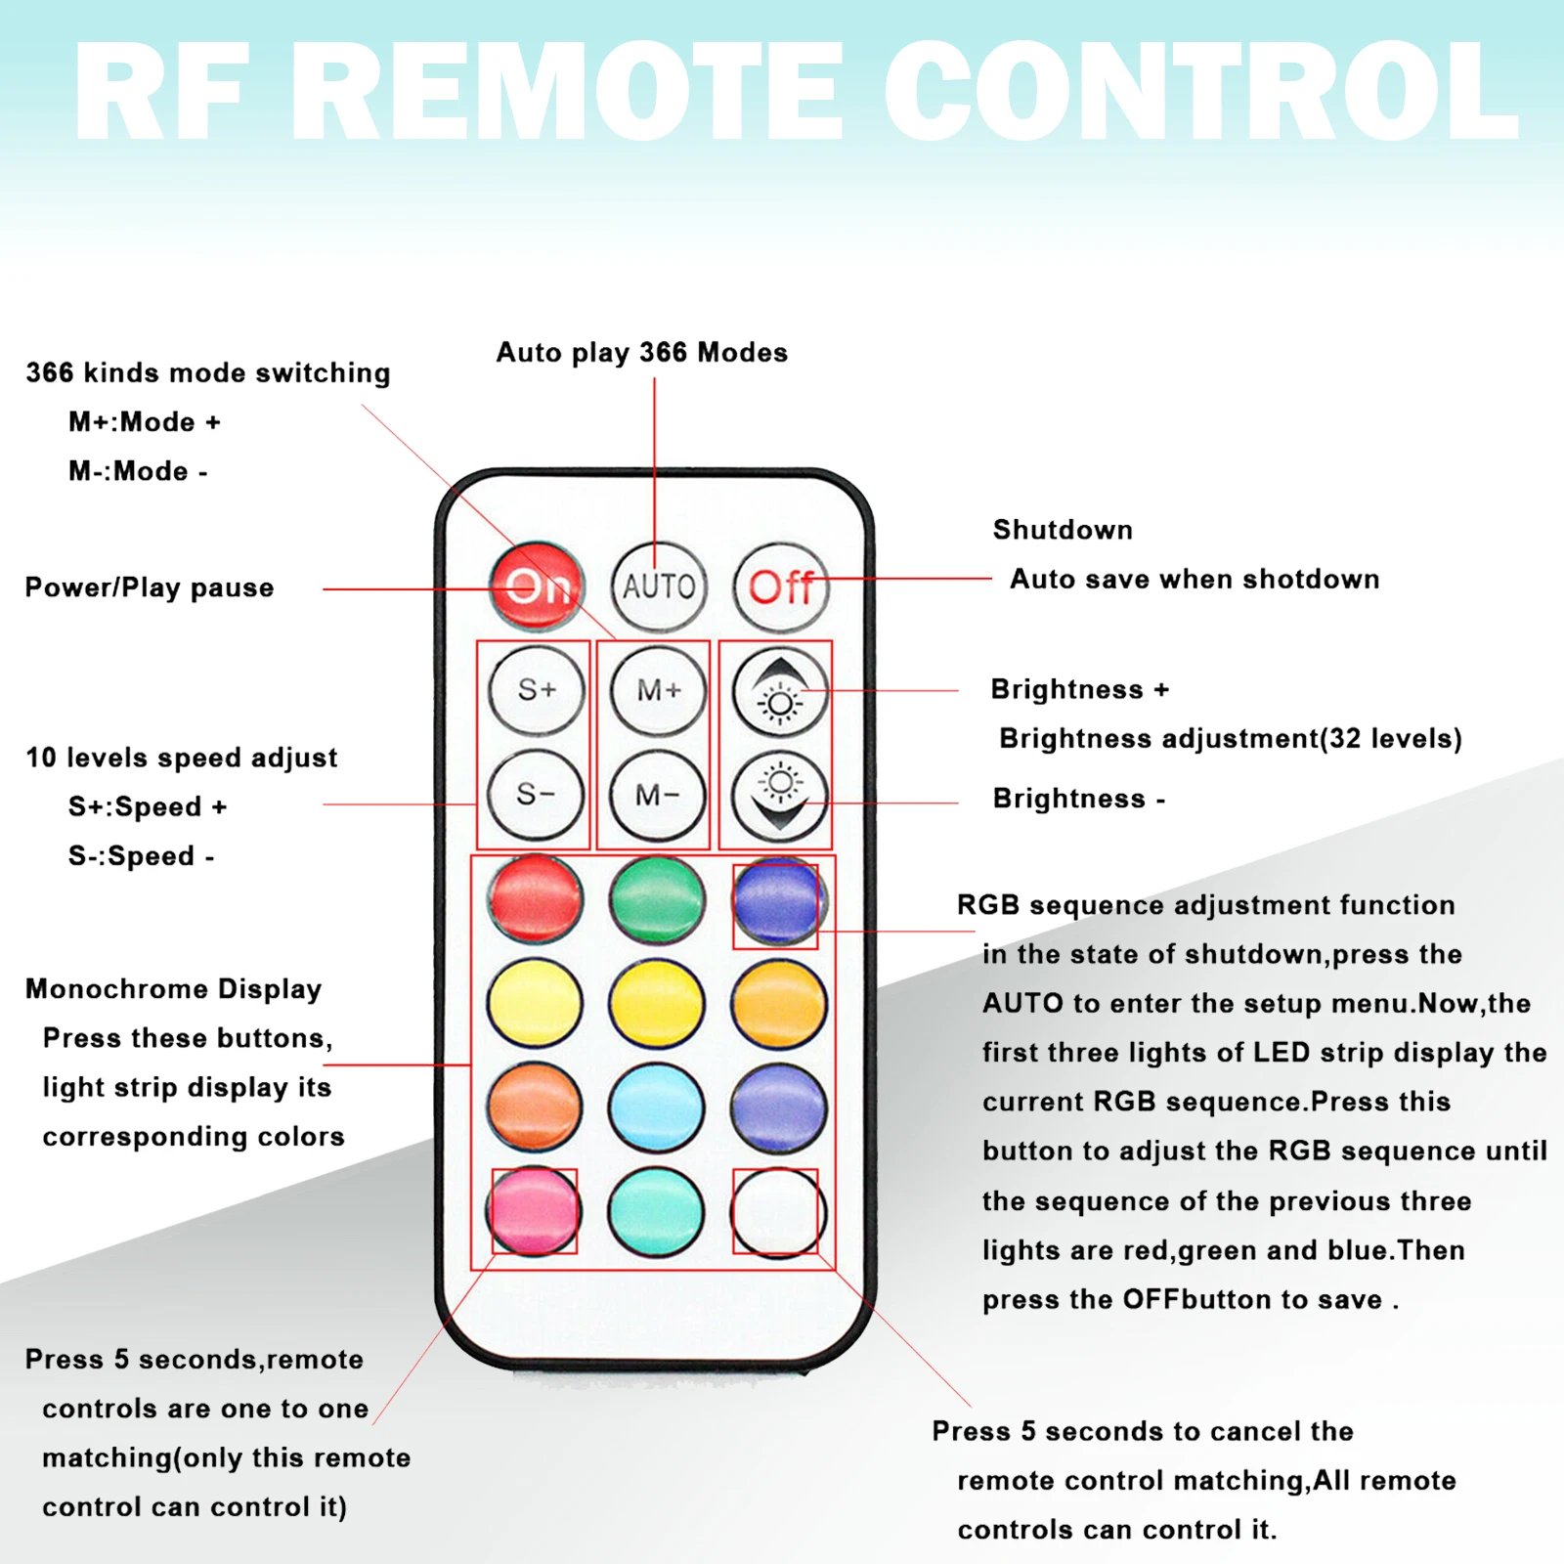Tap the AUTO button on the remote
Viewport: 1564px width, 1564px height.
[658, 586]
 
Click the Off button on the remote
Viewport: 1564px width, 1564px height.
[780, 586]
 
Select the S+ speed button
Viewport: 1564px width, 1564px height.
[536, 690]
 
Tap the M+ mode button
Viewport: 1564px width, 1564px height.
[658, 690]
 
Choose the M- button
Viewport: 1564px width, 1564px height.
[657, 795]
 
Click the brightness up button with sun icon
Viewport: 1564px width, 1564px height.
[779, 690]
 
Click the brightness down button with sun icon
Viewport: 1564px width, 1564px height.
[779, 795]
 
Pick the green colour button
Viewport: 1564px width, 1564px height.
[657, 899]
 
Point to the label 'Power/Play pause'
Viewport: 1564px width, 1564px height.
[150, 587]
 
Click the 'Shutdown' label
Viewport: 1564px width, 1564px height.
[1063, 530]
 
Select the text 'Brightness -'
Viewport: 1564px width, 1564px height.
[1078, 799]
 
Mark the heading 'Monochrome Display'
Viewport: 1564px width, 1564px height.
[173, 989]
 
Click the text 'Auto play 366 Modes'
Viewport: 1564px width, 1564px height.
[641, 353]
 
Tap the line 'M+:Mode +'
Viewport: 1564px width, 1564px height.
[144, 422]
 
